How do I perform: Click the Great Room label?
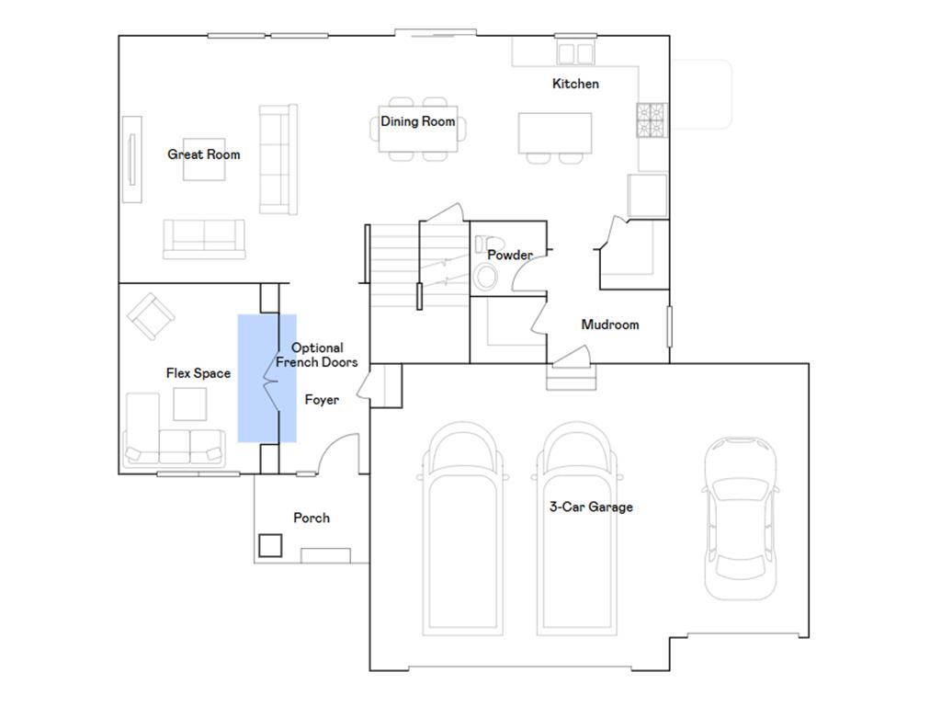[x=203, y=154]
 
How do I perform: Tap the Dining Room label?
[x=418, y=122]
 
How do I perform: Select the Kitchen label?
[x=575, y=84]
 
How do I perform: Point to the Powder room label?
[x=509, y=256]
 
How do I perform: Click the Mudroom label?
[x=610, y=325]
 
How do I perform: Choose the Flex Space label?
[x=198, y=373]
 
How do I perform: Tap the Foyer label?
[x=322, y=400]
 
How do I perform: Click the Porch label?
[x=312, y=518]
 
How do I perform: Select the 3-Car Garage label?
[x=591, y=507]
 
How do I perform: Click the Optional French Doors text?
[x=317, y=355]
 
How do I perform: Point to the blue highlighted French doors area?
[x=267, y=378]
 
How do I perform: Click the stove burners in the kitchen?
[x=652, y=120]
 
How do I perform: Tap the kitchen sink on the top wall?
[x=575, y=53]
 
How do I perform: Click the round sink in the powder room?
[x=485, y=278]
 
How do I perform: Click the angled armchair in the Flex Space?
[x=151, y=316]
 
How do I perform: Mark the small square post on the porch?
[x=270, y=545]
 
